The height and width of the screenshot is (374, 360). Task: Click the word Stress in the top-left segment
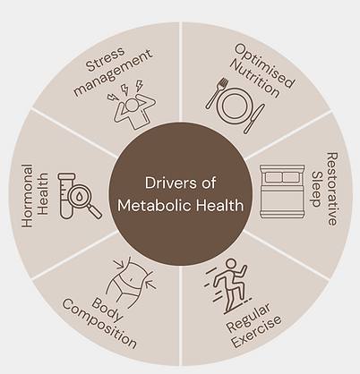[105, 59]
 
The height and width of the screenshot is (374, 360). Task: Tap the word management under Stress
[114, 73]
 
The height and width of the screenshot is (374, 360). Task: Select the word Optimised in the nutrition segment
[265, 65]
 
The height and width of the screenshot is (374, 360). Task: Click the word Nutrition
[255, 78]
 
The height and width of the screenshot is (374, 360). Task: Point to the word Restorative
[332, 189]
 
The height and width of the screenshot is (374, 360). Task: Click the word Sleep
[316, 189]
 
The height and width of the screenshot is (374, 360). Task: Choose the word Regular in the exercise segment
[248, 318]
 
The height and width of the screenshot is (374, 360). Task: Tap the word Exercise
[257, 332]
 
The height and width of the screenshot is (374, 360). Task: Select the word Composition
[99, 324]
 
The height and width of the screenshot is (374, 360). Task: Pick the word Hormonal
[27, 196]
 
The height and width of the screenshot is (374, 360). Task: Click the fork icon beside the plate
[217, 93]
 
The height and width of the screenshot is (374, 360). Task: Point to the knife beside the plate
[253, 118]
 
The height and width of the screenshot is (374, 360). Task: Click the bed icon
[282, 191]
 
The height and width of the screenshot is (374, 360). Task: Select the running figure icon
[227, 285]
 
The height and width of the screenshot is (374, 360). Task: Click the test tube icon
[66, 196]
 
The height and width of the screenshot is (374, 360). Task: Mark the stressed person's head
[133, 105]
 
